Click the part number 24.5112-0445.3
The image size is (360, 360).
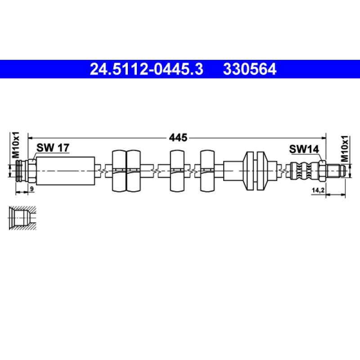(x=146, y=69)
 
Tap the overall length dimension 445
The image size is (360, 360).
(x=178, y=137)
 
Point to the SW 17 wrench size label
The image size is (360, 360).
(x=53, y=148)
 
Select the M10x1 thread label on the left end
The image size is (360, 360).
(x=16, y=145)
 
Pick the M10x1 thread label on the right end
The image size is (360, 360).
(x=345, y=148)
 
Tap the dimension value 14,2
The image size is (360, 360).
(x=318, y=191)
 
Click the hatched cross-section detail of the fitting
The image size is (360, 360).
(x=22, y=219)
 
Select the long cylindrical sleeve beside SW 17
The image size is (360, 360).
(x=65, y=171)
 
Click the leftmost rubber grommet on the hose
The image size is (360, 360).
(x=118, y=171)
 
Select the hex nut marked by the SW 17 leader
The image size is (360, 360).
(x=31, y=171)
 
